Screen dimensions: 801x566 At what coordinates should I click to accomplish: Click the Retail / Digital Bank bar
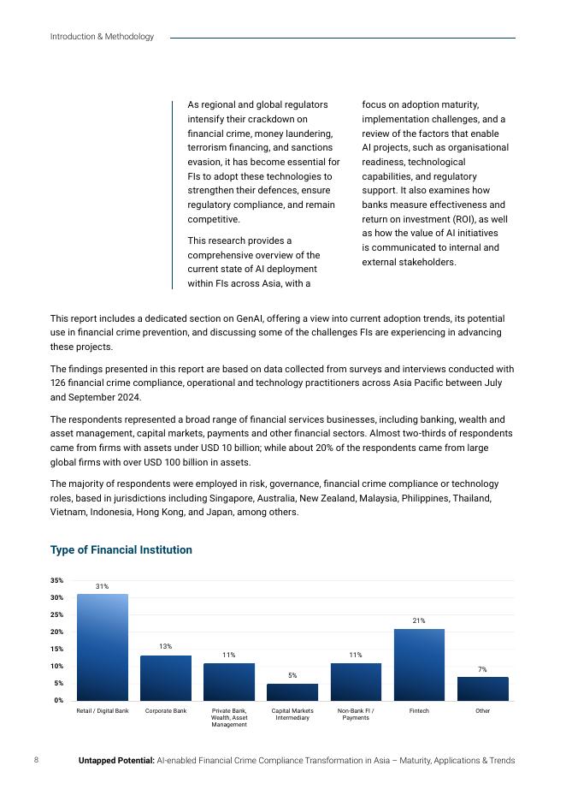click(x=103, y=647)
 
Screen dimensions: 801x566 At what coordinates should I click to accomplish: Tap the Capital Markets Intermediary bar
click(x=292, y=691)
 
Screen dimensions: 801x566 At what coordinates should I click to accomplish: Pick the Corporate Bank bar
click(x=166, y=678)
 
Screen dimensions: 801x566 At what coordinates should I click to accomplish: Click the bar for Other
click(x=482, y=688)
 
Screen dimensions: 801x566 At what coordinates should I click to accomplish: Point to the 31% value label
click(x=102, y=586)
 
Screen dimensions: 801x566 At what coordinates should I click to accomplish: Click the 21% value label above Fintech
click(x=419, y=620)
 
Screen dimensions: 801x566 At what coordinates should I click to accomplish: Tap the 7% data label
click(x=482, y=668)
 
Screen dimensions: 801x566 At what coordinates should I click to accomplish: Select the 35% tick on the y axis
click(x=56, y=580)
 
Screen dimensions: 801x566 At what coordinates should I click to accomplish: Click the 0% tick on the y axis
click(x=58, y=700)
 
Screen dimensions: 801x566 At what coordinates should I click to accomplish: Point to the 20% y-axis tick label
click(x=56, y=632)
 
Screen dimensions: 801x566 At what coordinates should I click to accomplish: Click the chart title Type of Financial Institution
click(x=121, y=549)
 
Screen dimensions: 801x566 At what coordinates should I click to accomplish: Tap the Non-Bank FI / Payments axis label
click(x=356, y=714)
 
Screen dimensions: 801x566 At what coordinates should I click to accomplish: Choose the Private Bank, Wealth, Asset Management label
click(x=229, y=717)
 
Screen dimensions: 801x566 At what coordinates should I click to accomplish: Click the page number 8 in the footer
click(x=36, y=760)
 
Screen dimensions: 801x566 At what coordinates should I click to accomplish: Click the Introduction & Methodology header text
click(x=102, y=37)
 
